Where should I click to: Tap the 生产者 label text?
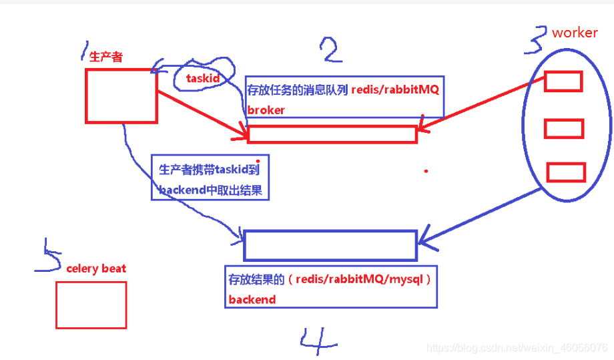click(x=106, y=57)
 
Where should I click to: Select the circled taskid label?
click(x=203, y=79)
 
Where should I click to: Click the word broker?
click(x=266, y=110)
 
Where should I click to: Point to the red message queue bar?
click(x=332, y=134)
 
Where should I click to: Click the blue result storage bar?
click(x=330, y=245)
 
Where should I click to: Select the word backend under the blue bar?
click(x=252, y=299)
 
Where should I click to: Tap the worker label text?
click(x=575, y=33)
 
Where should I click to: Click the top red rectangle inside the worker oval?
click(x=563, y=81)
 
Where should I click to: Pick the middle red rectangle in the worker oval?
click(x=564, y=128)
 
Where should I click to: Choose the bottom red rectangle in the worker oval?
click(x=565, y=172)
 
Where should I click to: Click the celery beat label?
click(x=96, y=268)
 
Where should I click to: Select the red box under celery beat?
click(x=91, y=305)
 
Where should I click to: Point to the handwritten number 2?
click(x=332, y=49)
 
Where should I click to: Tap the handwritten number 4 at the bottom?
click(x=317, y=341)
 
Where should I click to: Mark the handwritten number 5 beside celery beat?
click(x=48, y=256)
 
